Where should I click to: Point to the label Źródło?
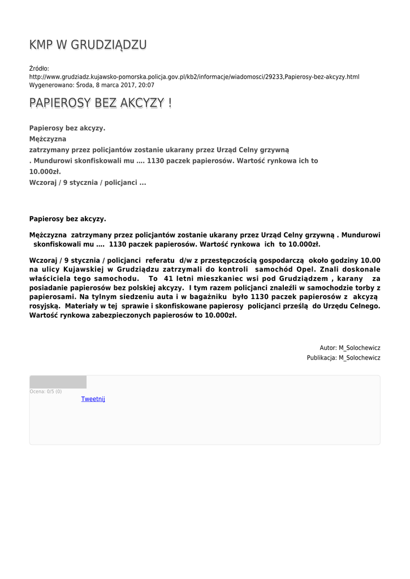tap(39, 68)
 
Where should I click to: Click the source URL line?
tap(194, 76)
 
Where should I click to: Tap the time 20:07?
tap(146, 85)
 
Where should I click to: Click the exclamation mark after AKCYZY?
tap(170, 103)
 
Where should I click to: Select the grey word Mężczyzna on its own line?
tap(48, 139)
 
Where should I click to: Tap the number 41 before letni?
tap(168, 279)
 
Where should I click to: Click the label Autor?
tap(328, 348)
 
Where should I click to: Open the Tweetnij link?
tap(93, 399)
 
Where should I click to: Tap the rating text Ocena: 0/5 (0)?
tap(46, 391)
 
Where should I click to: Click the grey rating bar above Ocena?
tap(58, 382)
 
